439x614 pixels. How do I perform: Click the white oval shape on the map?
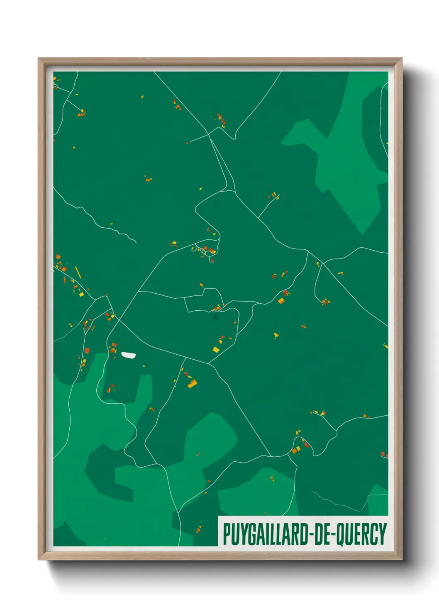(x=128, y=355)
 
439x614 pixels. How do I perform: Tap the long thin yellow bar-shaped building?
(x=78, y=272)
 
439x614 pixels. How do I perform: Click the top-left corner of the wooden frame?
(x=39, y=58)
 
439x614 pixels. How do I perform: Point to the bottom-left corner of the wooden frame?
(x=39, y=559)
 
